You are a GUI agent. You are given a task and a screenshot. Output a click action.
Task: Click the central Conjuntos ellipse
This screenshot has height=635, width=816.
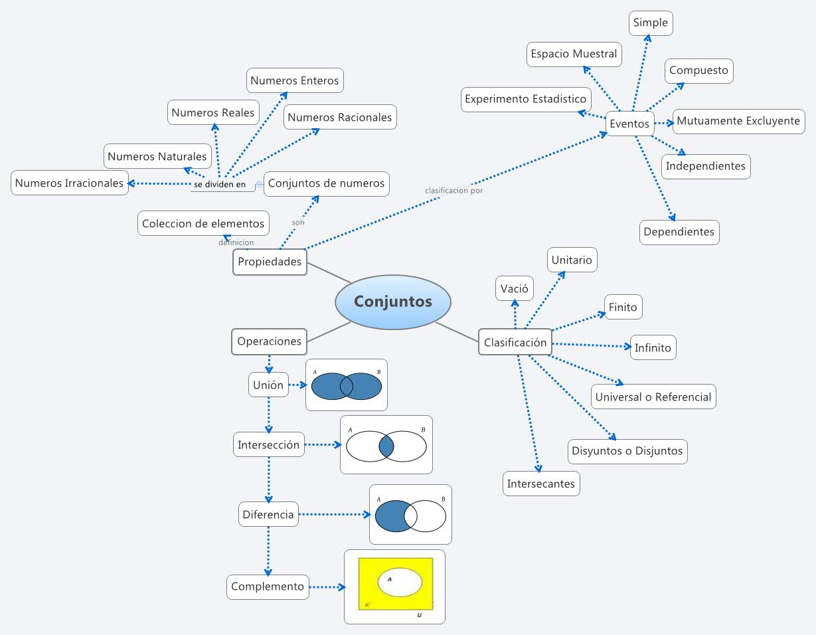tap(393, 302)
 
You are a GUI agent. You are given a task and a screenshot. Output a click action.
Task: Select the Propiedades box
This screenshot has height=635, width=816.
tap(270, 262)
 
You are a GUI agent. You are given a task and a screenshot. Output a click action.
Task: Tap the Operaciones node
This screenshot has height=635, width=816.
tap(269, 341)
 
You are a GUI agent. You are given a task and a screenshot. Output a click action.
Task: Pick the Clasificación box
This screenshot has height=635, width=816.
tap(515, 342)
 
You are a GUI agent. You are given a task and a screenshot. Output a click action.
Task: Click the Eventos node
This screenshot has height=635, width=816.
tap(629, 124)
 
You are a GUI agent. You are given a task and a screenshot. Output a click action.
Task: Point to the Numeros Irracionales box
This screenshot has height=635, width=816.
tap(69, 183)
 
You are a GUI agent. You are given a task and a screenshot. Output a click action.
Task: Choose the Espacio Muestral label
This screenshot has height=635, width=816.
tap(574, 54)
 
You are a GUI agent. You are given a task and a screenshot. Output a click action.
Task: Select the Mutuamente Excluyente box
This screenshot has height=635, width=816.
tap(738, 121)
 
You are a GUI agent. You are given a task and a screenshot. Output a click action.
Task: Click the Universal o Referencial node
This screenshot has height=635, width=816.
tap(653, 397)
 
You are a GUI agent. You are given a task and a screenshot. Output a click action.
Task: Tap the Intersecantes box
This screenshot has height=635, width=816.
tap(540, 484)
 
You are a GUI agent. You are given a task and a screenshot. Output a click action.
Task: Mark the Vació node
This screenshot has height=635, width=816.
tap(514, 289)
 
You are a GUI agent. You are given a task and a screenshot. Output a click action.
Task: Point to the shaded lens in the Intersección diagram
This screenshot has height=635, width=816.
tap(386, 446)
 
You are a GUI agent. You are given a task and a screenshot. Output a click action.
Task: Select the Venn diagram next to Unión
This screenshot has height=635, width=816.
tap(346, 385)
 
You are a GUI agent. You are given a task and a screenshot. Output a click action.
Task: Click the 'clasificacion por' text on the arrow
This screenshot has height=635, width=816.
tap(453, 191)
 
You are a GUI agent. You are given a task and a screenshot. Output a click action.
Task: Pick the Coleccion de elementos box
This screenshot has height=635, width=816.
tap(203, 224)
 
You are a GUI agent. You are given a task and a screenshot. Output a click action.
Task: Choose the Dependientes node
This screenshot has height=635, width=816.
tap(679, 232)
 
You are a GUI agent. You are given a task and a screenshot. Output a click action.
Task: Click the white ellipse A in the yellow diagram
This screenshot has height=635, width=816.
tap(400, 582)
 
